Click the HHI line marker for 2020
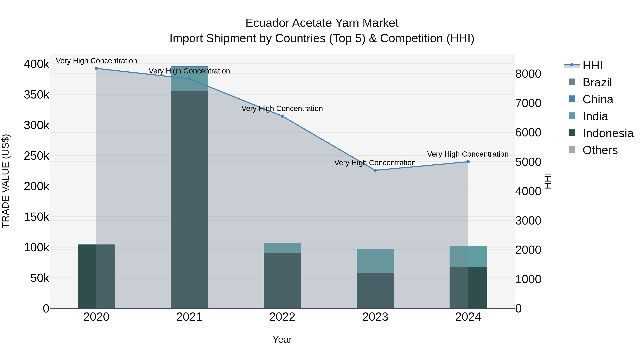pyautogui.click(x=96, y=68)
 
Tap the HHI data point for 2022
pyautogui.click(x=282, y=116)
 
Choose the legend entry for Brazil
pyautogui.click(x=597, y=82)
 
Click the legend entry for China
pyautogui.click(x=597, y=99)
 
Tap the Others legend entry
pyautogui.click(x=600, y=150)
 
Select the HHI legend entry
pyautogui.click(x=592, y=65)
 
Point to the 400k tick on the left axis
pyautogui.click(x=36, y=64)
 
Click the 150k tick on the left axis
pyautogui.click(x=36, y=217)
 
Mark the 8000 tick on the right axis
pyautogui.click(x=528, y=74)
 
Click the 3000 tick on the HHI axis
pyautogui.click(x=528, y=221)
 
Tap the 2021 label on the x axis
pyautogui.click(x=189, y=317)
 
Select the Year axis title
pyautogui.click(x=282, y=339)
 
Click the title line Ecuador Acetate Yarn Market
pyautogui.click(x=322, y=23)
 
